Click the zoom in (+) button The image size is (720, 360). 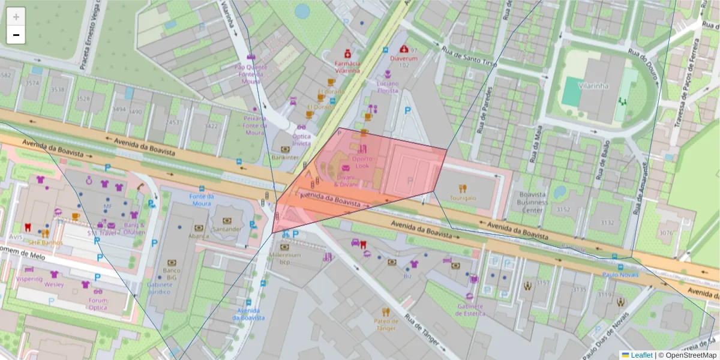[16, 17]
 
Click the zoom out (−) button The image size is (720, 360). [16, 35]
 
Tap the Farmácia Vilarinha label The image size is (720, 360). [347, 66]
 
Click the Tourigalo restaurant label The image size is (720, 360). [463, 197]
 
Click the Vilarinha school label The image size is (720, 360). [593, 86]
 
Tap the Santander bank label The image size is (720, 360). [227, 229]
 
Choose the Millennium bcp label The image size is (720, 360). [285, 258]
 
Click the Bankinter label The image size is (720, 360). [284, 157]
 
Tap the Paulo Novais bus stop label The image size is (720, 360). [620, 274]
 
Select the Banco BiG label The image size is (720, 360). [172, 274]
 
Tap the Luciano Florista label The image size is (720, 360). [387, 86]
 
